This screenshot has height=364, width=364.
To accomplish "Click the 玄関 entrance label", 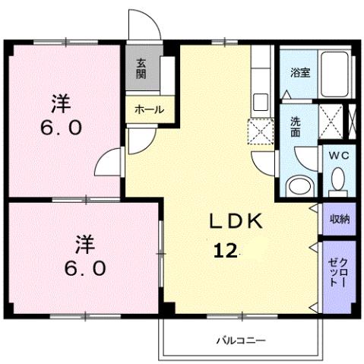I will (142, 69).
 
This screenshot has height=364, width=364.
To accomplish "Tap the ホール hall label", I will (149, 110).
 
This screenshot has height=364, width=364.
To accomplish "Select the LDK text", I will (236, 221).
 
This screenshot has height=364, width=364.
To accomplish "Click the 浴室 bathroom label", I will (299, 73).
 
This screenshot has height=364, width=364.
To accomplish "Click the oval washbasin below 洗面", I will (299, 185).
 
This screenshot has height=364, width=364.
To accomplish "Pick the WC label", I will (337, 154).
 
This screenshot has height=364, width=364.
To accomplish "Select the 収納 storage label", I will (339, 219).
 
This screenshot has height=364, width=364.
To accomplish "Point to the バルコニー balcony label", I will (239, 340).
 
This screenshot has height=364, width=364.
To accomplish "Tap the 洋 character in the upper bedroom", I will (61, 101).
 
